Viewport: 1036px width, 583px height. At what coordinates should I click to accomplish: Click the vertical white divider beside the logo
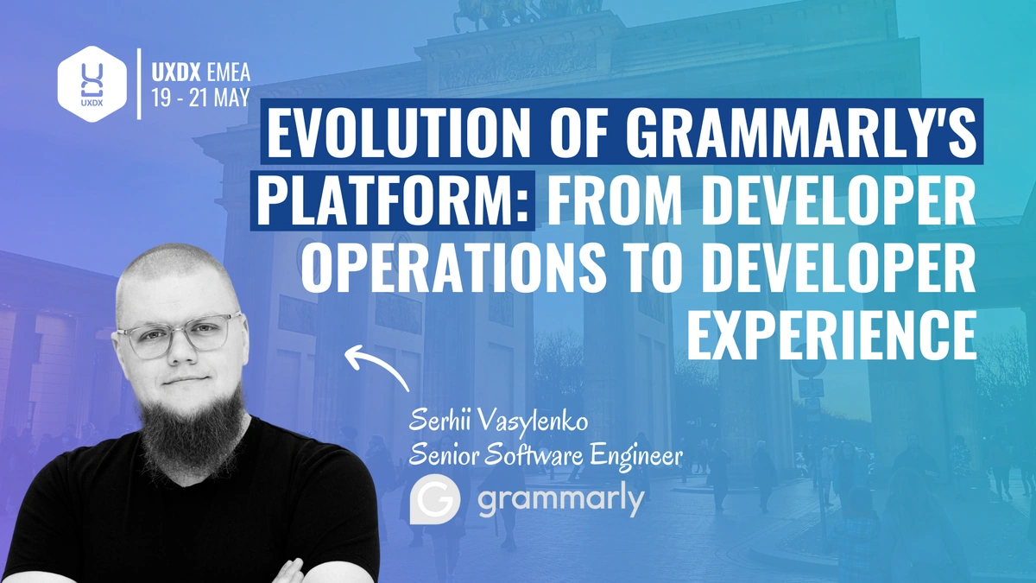pos(139,84)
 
